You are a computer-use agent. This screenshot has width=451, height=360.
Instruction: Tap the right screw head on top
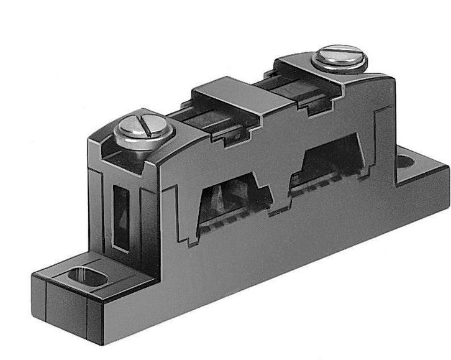340,57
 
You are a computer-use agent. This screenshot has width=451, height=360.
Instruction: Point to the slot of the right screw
340,52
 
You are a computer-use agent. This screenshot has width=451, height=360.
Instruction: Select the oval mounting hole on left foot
89,276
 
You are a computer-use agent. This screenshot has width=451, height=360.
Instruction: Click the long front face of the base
261,274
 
